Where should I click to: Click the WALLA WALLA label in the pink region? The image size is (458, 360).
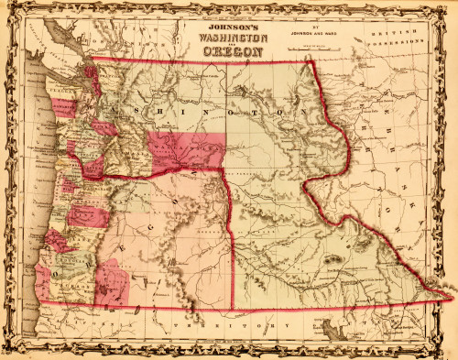[180, 143]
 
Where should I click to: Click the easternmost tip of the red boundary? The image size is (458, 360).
[453, 296]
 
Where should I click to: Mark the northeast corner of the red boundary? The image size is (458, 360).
[310, 60]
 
